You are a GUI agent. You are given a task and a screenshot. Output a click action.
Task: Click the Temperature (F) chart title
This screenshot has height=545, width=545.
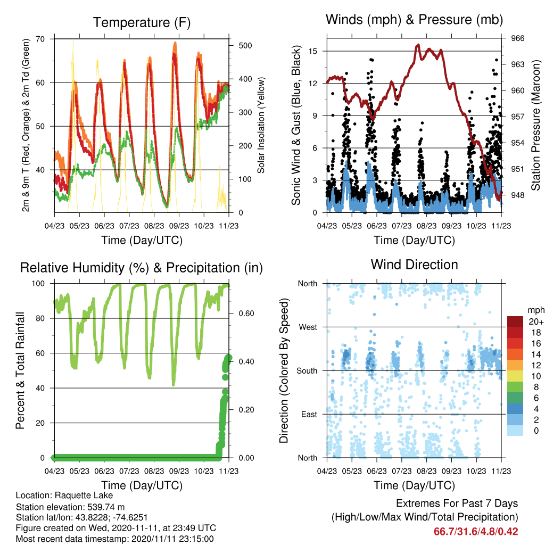coord(142,22)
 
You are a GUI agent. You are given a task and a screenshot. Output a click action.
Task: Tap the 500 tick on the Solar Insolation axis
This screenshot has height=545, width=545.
coord(245,46)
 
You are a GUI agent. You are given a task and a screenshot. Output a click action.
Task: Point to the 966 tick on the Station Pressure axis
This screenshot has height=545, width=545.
coord(517,38)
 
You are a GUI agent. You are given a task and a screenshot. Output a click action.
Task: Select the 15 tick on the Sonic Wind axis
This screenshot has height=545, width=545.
coord(313,51)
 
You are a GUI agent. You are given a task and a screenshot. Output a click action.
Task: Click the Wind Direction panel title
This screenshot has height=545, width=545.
coord(414,265)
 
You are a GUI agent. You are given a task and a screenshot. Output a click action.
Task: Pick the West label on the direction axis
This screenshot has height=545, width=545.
coord(308,327)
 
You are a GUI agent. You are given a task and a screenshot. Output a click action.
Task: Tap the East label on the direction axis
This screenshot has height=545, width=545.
coord(309,414)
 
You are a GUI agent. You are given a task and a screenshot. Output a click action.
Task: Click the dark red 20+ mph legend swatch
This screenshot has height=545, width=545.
coord(515,321)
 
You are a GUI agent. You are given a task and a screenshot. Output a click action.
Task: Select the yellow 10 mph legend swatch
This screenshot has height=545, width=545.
coord(515,376)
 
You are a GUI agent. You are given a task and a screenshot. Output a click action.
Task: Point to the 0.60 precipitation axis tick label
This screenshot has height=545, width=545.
coord(246,313)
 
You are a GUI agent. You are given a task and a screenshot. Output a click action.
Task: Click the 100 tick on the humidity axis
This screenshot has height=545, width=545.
coord(38,284)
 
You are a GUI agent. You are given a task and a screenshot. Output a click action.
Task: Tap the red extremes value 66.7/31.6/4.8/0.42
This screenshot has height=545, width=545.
coord(476,532)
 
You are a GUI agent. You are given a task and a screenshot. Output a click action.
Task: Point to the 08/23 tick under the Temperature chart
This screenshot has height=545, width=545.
coord(154,226)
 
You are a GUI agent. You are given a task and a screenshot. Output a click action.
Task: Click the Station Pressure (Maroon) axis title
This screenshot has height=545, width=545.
coord(535,125)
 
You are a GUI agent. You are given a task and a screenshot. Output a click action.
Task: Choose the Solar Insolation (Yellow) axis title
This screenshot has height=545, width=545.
coord(261,125)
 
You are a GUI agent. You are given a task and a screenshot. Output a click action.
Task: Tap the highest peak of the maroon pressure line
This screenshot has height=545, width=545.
coord(418,45)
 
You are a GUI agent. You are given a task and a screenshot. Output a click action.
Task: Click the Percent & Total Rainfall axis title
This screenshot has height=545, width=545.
coord(20,370)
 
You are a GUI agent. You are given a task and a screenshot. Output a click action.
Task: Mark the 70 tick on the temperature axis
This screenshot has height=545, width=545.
coord(40,39)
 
